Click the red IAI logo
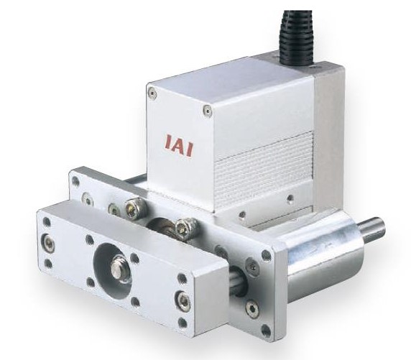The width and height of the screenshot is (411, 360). point(179,144)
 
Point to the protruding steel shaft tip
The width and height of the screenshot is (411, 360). point(372,231)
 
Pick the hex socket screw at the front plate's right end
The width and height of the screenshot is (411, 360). point(180,299)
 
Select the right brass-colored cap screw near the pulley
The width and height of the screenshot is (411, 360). point(185,229)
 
